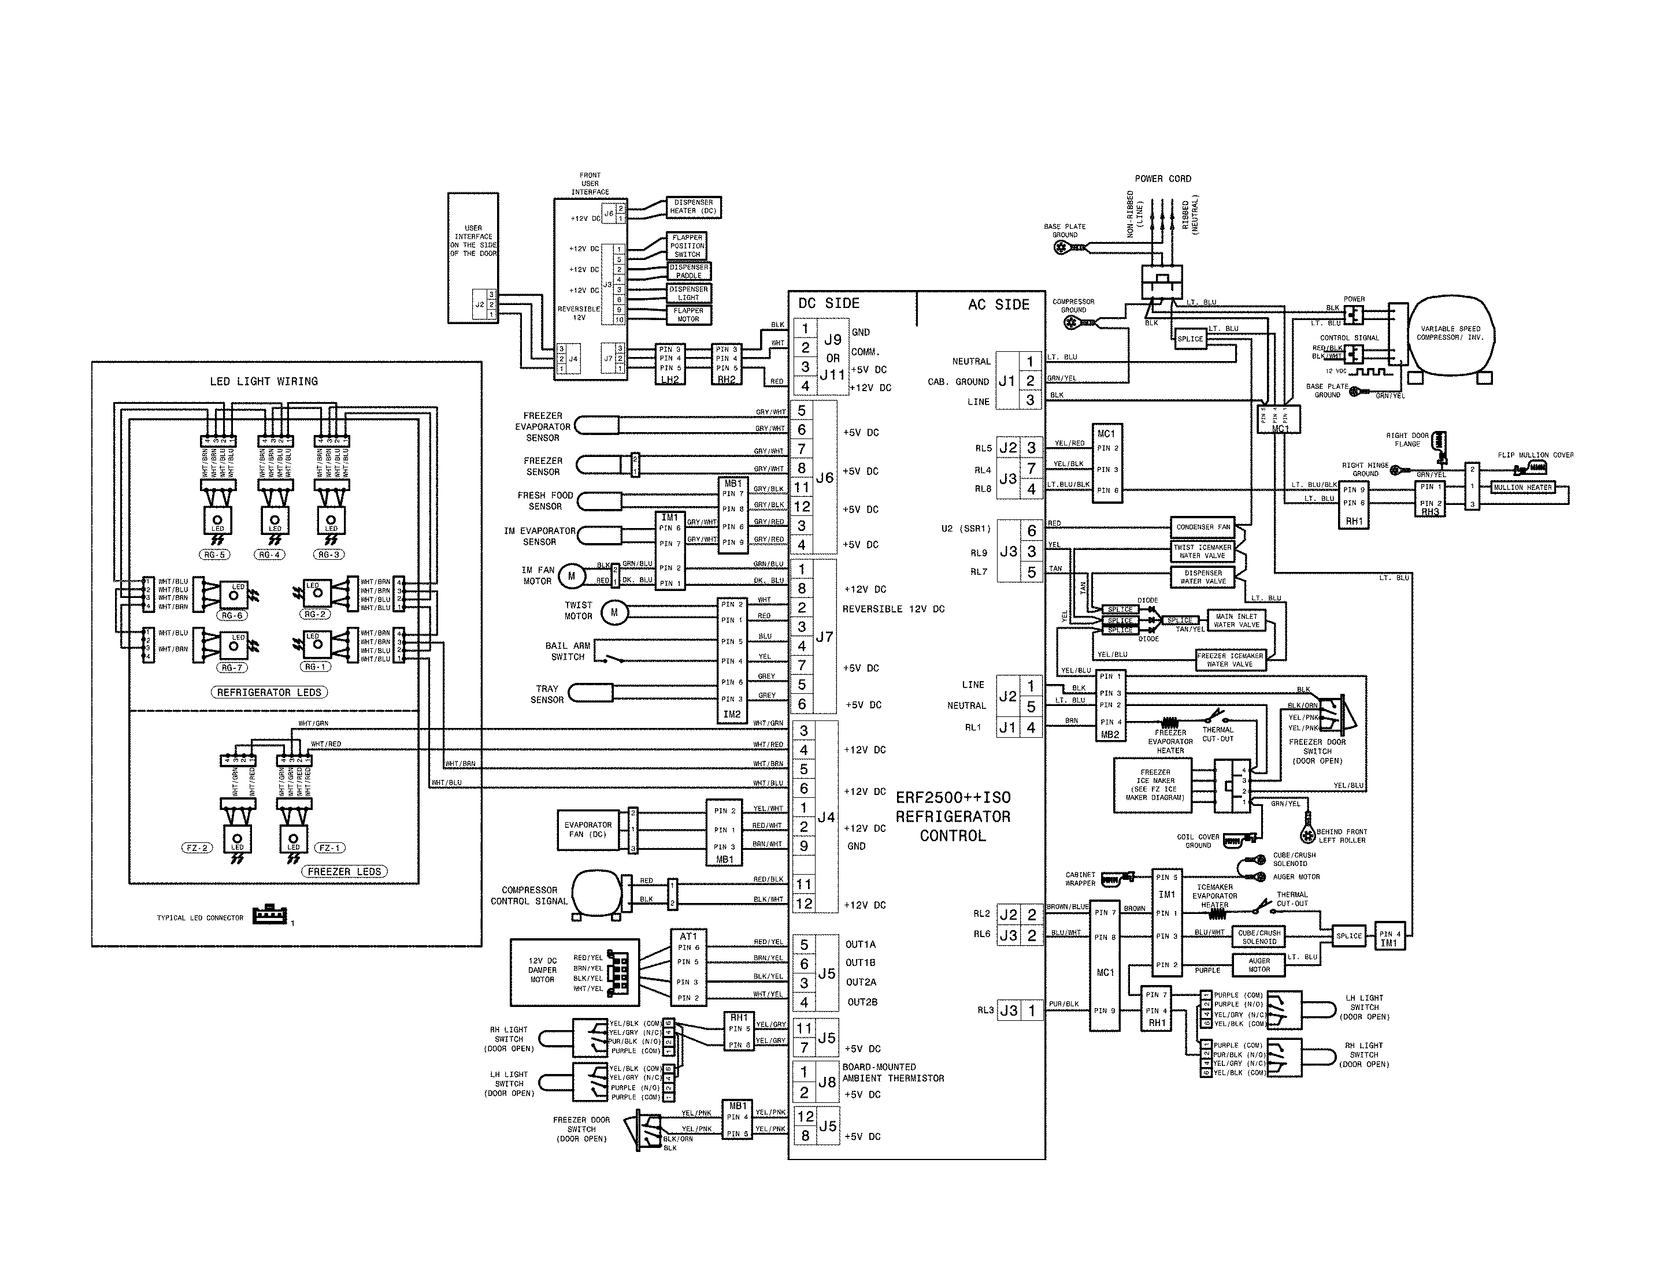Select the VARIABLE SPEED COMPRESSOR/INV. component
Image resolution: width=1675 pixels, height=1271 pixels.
pyautogui.click(x=1451, y=333)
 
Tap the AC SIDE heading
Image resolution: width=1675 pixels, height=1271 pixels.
pyautogui.click(x=998, y=304)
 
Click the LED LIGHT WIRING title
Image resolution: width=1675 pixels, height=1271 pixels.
pyautogui.click(x=264, y=381)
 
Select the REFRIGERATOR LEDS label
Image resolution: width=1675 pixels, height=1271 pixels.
pyautogui.click(x=269, y=693)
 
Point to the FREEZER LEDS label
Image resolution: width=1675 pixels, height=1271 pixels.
pyautogui.click(x=344, y=872)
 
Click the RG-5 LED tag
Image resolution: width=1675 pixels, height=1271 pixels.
pyautogui.click(x=214, y=555)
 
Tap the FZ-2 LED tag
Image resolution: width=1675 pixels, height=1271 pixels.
pyautogui.click(x=197, y=849)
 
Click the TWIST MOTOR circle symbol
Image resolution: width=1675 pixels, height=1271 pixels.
pyautogui.click(x=614, y=612)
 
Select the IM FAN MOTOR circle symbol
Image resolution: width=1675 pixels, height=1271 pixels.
pyautogui.click(x=571, y=576)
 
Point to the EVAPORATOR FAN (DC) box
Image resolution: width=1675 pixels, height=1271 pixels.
pyautogui.click(x=588, y=830)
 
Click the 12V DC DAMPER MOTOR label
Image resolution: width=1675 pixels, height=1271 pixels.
pyautogui.click(x=542, y=971)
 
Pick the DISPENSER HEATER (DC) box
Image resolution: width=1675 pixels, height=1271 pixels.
pyautogui.click(x=693, y=207)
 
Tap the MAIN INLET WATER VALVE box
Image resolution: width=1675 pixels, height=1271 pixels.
pyautogui.click(x=1236, y=620)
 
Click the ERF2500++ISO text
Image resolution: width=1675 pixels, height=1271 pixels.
pyautogui.click(x=953, y=798)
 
